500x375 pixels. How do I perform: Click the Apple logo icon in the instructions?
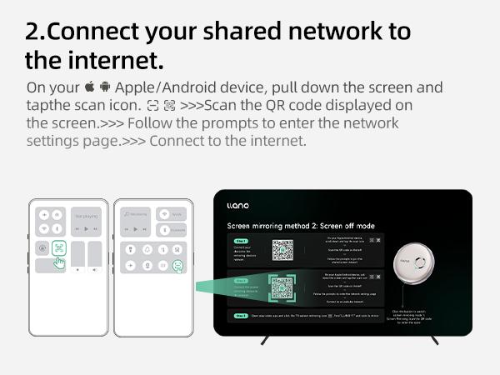coord(89,87)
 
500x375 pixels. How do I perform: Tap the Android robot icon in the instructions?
coord(105,87)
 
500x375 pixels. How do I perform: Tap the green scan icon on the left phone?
coord(58,247)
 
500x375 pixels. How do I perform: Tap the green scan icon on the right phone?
coord(177,266)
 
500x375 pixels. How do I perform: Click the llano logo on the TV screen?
coord(237,205)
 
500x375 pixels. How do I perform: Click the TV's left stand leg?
coord(265,339)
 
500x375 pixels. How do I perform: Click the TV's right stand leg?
coord(434,339)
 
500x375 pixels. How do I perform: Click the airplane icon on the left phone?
coord(44,214)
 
